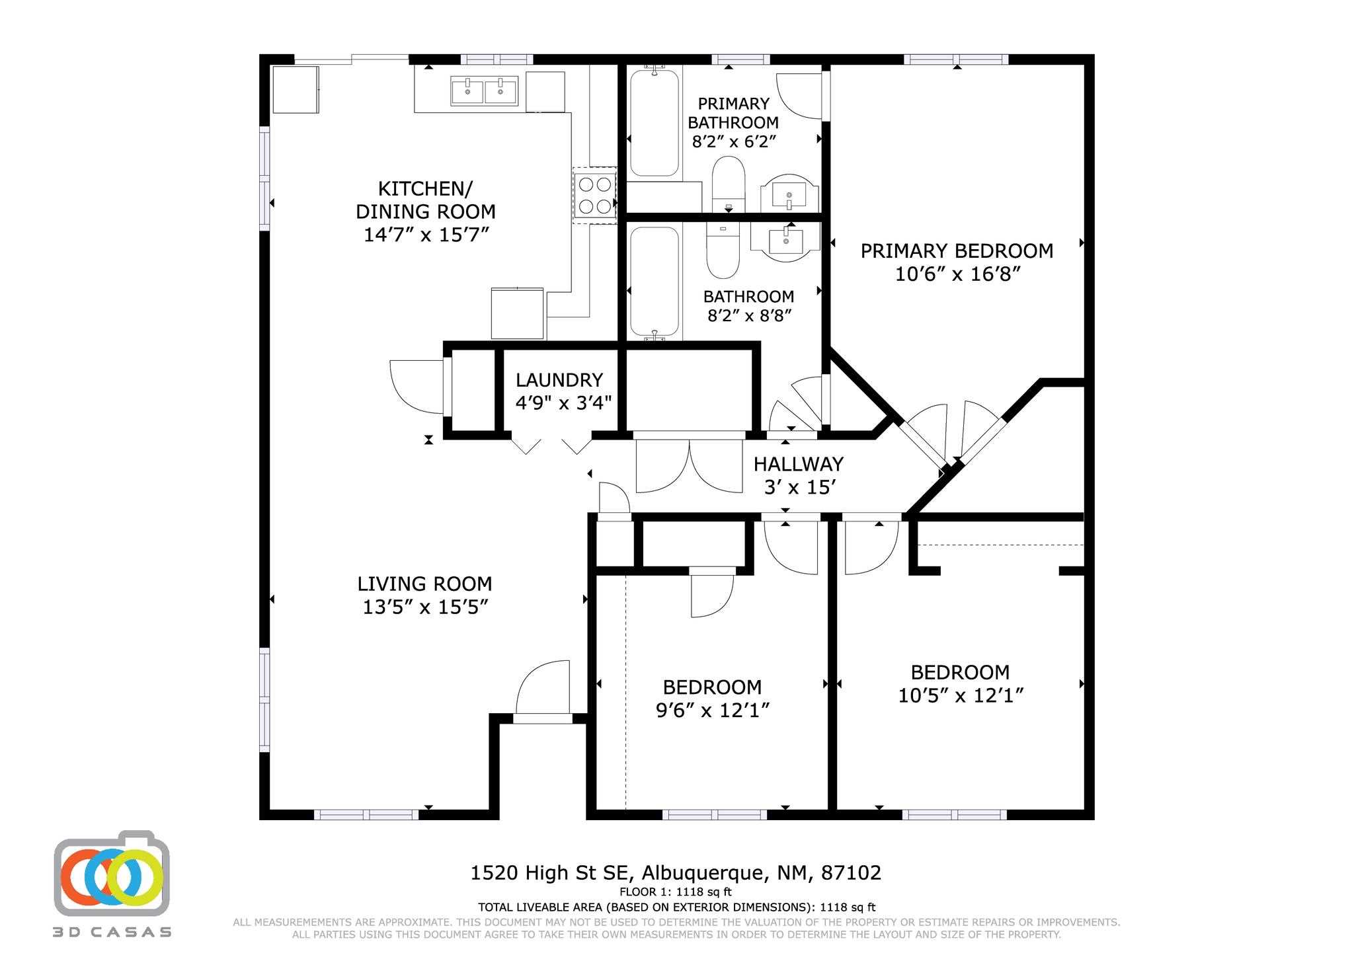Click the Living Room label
pyautogui.click(x=424, y=584)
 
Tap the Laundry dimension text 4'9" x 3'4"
pyautogui.click(x=563, y=402)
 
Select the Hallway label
pyautogui.click(x=798, y=464)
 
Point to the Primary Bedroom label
pyautogui.click(x=957, y=251)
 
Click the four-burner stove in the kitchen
pyautogui.click(x=594, y=195)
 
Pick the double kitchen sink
pyautogui.click(x=485, y=91)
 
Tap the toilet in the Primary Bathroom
pyautogui.click(x=729, y=184)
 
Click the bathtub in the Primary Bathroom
pyautogui.click(x=655, y=122)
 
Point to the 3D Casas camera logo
pyautogui.click(x=112, y=873)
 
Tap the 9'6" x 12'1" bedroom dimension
pyautogui.click(x=712, y=710)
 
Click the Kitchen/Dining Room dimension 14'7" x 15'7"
pyautogui.click(x=426, y=235)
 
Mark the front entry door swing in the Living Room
pyautogui.click(x=542, y=687)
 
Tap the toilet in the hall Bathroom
pyautogui.click(x=723, y=250)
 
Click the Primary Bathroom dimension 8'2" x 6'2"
pyautogui.click(x=734, y=141)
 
